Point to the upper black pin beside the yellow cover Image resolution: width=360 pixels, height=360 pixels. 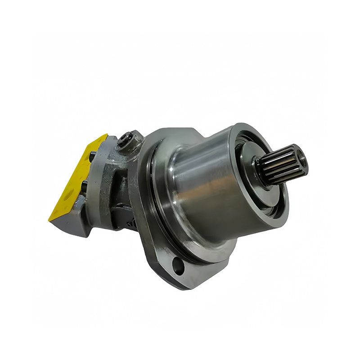(x=92, y=156)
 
